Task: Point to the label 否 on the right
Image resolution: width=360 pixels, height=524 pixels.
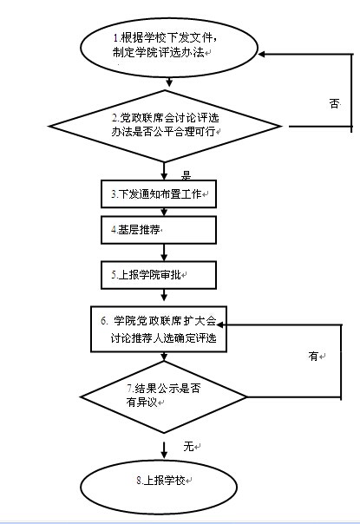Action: coord(334,103)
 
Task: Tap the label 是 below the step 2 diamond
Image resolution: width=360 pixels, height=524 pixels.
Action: coord(186,175)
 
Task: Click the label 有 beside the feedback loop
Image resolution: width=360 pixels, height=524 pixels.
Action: coord(313,357)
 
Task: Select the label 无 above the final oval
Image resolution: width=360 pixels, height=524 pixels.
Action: coord(188,446)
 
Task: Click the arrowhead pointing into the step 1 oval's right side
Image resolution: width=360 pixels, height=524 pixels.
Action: coord(262,54)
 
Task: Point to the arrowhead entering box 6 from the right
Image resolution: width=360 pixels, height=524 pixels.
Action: coord(220,324)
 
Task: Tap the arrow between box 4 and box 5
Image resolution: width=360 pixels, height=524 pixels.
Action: coord(164,252)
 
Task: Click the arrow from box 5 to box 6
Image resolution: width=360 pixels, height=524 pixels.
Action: coord(164,295)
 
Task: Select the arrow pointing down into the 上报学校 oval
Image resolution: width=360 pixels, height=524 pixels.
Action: coord(164,450)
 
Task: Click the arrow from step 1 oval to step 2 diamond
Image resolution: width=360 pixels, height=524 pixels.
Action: coord(169,82)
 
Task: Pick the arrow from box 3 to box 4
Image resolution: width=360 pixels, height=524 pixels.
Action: coord(164,212)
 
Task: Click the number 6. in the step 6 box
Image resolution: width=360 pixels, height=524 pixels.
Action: coord(104,321)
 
